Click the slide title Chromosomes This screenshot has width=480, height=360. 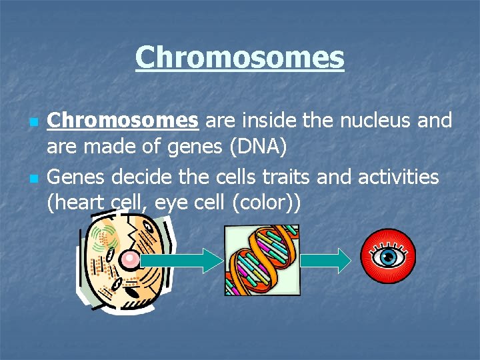click(x=239, y=57)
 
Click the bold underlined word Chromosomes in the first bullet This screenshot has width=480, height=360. click(x=123, y=120)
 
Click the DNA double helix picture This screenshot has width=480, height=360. click(x=261, y=260)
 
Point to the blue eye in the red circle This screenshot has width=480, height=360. click(x=387, y=256)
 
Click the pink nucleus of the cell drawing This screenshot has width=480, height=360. click(x=130, y=258)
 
